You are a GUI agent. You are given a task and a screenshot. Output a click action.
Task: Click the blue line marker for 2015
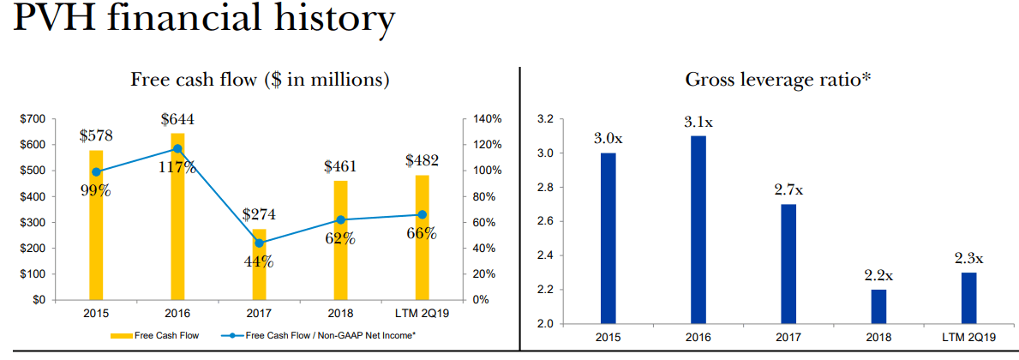point(96,171)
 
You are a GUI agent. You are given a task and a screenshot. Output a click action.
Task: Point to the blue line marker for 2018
point(340,219)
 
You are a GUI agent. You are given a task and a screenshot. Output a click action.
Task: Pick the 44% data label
point(258,261)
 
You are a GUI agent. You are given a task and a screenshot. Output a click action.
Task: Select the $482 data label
point(422,159)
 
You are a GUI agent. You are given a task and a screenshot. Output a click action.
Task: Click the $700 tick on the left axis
point(35,119)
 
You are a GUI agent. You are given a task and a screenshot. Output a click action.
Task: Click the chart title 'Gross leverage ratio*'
point(778,80)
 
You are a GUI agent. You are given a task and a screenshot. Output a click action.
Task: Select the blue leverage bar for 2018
point(878,307)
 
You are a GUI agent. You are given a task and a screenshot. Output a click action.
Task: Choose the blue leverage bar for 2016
point(698,230)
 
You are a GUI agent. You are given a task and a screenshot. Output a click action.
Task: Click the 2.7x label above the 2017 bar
point(788,189)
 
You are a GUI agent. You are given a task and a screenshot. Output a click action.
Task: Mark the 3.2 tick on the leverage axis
point(546,119)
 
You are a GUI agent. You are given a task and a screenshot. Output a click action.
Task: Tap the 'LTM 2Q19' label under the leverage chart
point(968,338)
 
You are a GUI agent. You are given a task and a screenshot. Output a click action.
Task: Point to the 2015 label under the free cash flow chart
point(96,313)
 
